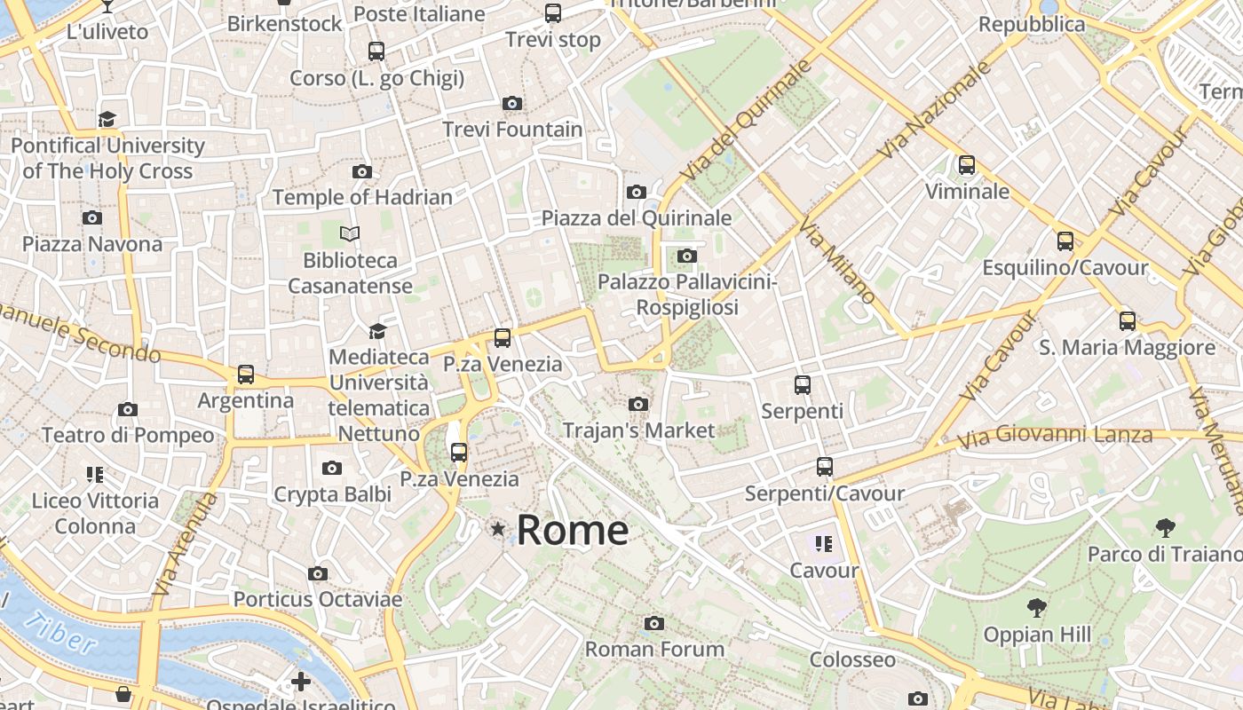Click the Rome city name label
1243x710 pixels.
573,530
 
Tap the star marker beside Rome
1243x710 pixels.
498,530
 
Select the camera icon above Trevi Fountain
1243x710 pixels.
512,104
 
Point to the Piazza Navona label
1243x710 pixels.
92,244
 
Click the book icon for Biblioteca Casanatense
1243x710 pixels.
351,234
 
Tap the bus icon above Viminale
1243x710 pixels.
967,165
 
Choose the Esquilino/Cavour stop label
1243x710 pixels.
1065,267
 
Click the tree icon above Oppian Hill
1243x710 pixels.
1036,609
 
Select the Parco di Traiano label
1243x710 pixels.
1164,555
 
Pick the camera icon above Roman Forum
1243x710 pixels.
654,624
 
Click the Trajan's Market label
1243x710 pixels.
638,430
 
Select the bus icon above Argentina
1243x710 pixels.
246,375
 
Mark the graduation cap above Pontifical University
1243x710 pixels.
107,119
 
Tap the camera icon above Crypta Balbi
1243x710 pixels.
332,468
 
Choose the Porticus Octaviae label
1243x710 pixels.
317,599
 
